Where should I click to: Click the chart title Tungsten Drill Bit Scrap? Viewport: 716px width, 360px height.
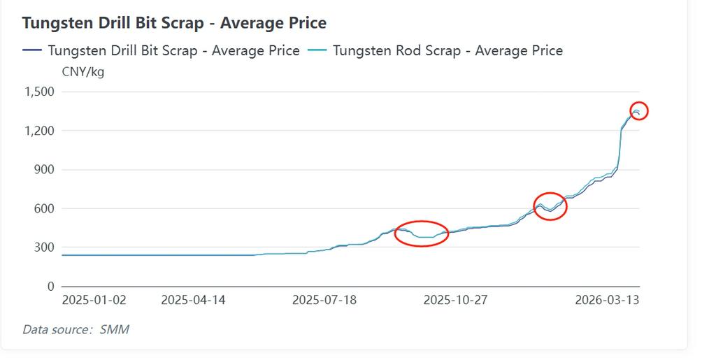point(174,22)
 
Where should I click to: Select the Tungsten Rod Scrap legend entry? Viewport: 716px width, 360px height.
point(447,50)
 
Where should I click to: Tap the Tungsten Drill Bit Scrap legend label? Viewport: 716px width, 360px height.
point(173,50)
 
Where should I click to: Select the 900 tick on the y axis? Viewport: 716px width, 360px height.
point(43,170)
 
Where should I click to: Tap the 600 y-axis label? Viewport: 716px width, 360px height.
point(43,208)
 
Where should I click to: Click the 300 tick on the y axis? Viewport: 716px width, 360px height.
point(43,247)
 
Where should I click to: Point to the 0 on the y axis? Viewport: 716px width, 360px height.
point(50,287)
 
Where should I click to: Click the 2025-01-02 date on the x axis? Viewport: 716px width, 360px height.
point(94,301)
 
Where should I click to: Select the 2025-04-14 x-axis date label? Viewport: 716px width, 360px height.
point(193,301)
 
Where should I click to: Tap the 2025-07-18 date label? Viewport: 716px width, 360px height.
point(324,301)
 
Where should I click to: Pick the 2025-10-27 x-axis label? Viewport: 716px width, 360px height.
point(455,301)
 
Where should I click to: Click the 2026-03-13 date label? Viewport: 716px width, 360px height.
point(607,301)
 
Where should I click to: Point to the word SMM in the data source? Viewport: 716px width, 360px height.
point(114,329)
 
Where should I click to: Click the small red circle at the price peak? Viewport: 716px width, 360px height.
point(638,110)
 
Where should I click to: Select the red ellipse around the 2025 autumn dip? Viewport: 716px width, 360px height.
point(421,233)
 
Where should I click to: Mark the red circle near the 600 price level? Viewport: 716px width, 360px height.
point(550,206)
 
